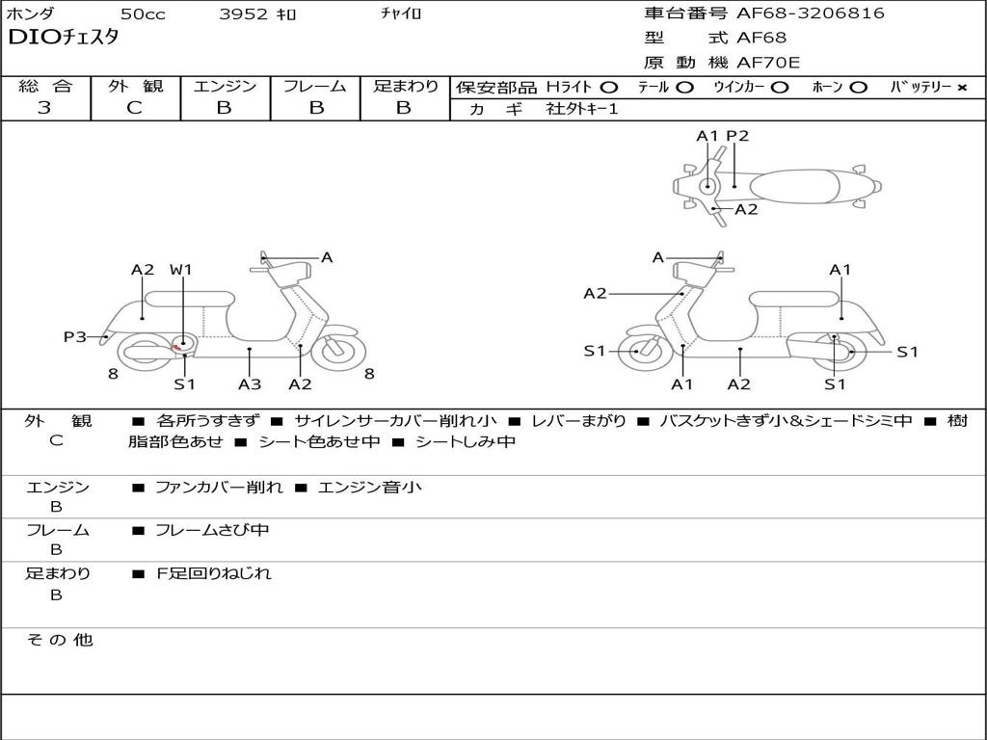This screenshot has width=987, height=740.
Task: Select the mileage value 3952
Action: (245, 14)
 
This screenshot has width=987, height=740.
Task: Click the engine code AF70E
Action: (768, 63)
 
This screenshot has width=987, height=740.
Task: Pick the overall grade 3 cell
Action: (44, 108)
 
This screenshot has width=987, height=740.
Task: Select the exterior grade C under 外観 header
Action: (135, 108)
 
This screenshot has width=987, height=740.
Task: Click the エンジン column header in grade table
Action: (225, 87)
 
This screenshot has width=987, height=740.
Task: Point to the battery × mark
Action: (962, 88)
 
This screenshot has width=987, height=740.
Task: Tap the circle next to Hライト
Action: (609, 88)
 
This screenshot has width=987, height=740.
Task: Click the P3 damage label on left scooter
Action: (75, 337)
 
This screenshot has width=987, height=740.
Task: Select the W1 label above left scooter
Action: (181, 270)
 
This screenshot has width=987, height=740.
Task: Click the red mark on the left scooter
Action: (176, 347)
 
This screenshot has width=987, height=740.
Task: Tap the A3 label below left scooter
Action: (250, 384)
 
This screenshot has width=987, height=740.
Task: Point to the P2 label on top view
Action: (737, 136)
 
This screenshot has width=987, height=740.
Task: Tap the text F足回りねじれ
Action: (214, 574)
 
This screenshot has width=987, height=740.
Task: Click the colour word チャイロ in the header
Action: (401, 14)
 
